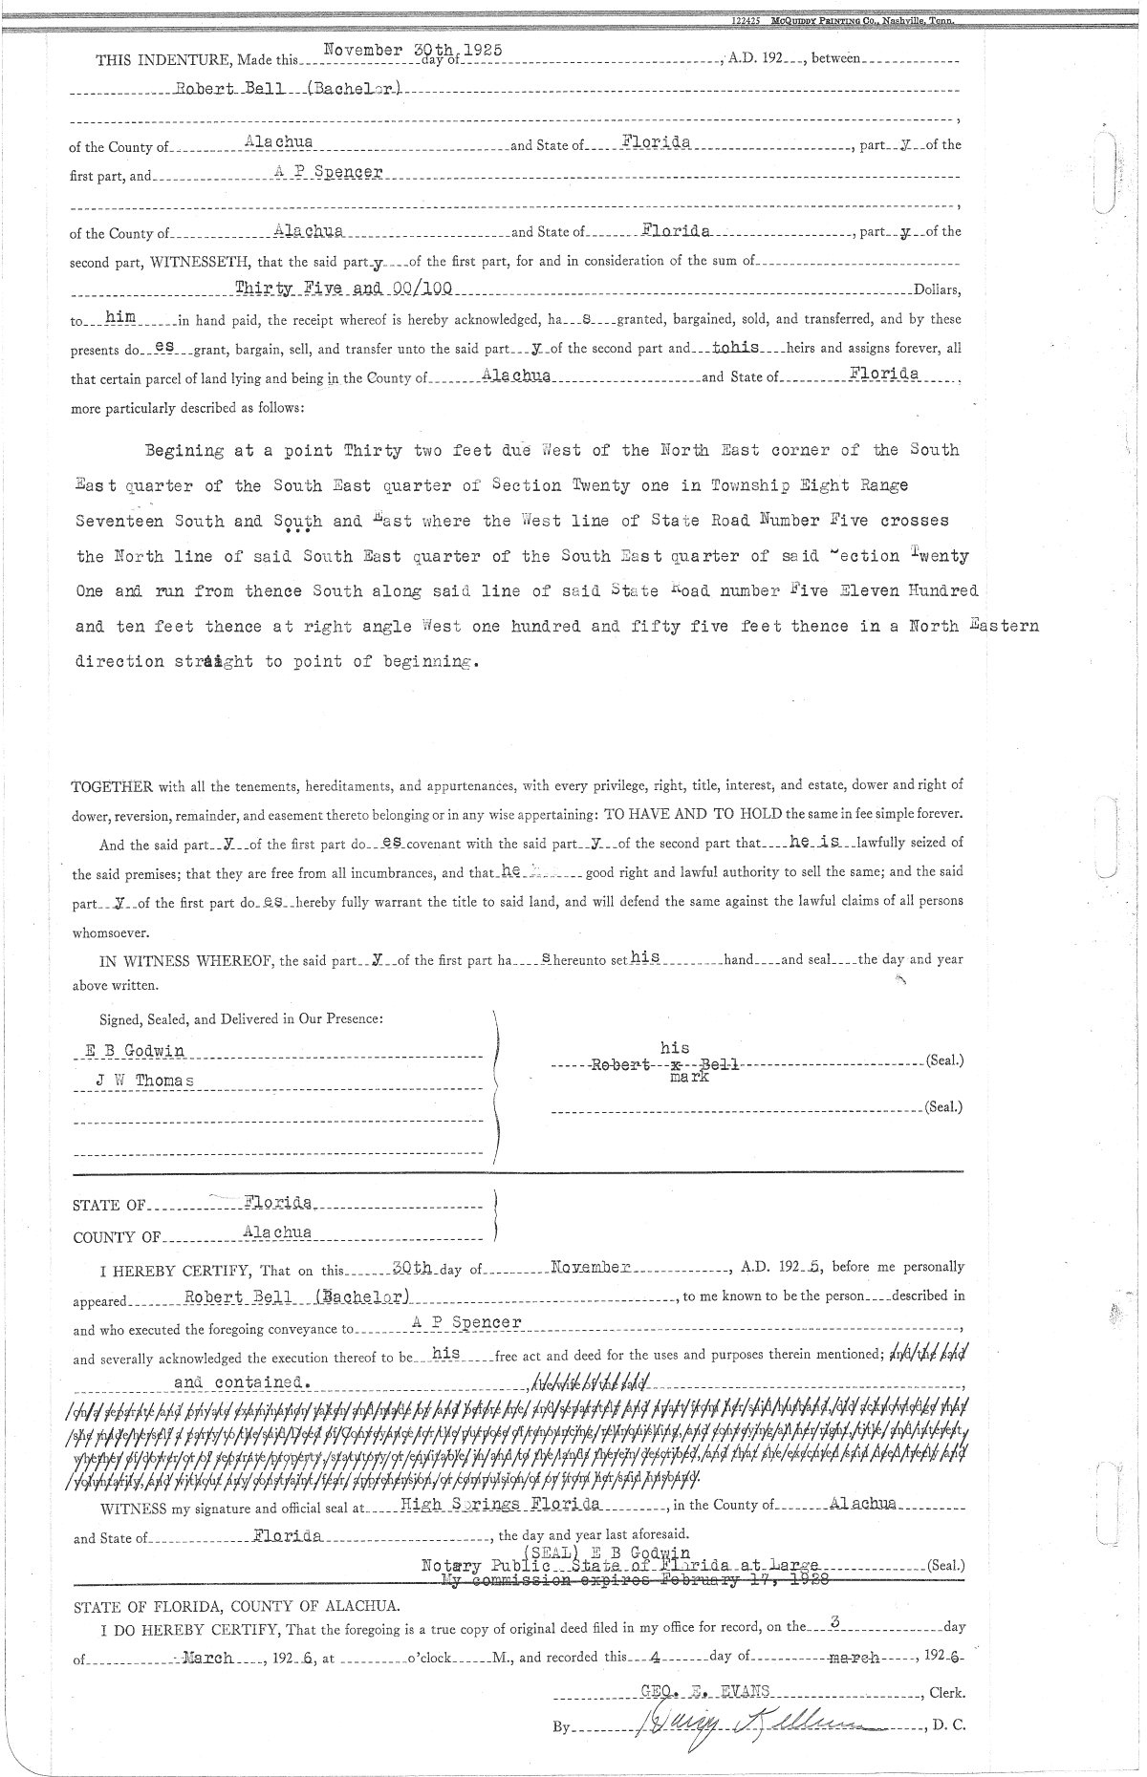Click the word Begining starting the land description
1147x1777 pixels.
tap(184, 450)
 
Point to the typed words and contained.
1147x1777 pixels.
tap(243, 1382)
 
